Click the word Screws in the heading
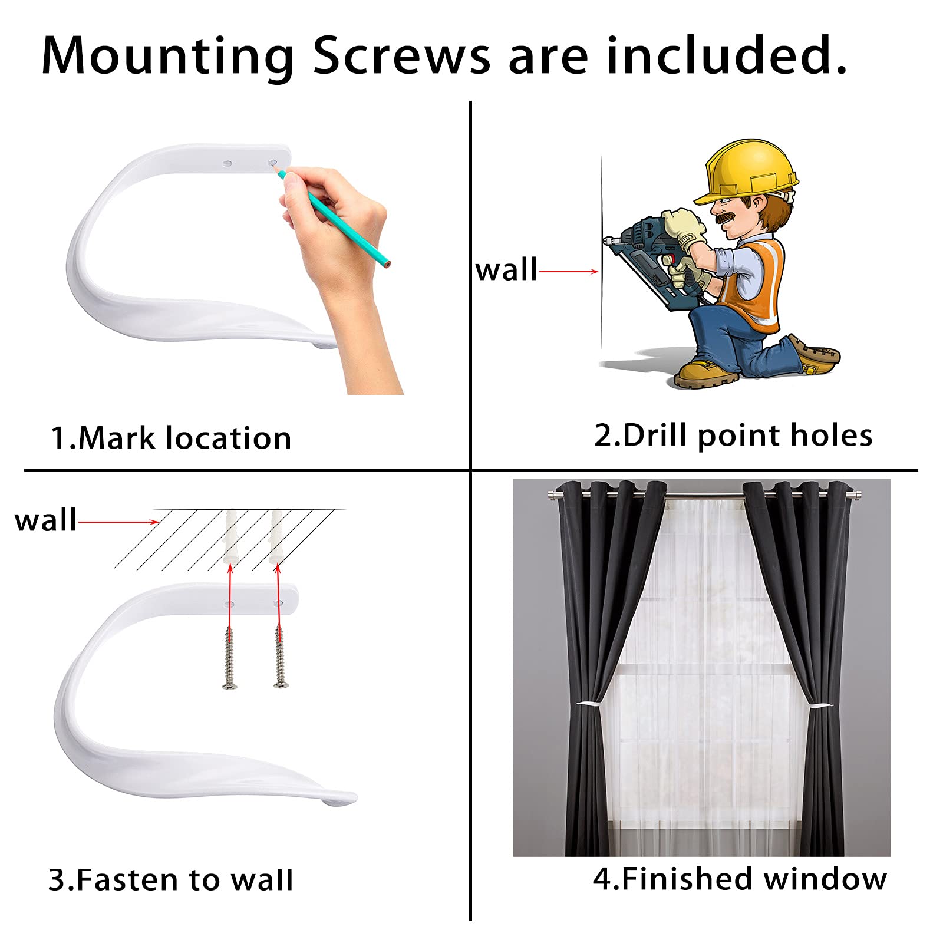tap(401, 56)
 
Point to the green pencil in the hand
tap(333, 217)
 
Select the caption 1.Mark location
tap(171, 438)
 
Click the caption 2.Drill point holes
tap(733, 436)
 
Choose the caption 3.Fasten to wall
tap(170, 880)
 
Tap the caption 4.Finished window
tap(740, 879)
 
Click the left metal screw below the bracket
tap(230, 657)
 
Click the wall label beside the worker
tap(506, 270)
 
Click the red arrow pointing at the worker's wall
tap(569, 272)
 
